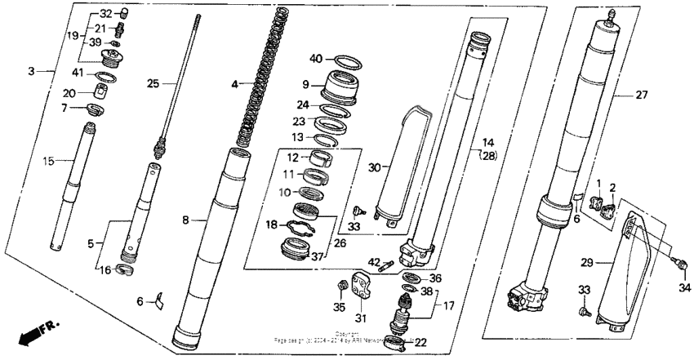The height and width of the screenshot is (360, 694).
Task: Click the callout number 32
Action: (x=106, y=15)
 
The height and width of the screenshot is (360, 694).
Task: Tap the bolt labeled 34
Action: (x=678, y=262)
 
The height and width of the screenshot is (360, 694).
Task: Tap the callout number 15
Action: (x=48, y=161)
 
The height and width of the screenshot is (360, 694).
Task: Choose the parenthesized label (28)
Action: (x=487, y=155)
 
